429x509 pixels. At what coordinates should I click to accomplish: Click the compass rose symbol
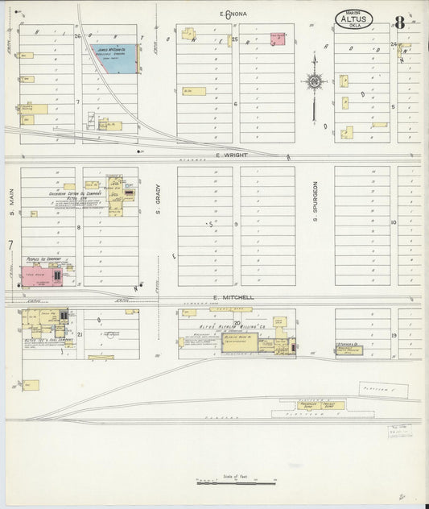click(314, 81)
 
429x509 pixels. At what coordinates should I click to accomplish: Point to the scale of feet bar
click(236, 482)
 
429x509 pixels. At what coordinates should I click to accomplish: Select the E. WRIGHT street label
click(229, 155)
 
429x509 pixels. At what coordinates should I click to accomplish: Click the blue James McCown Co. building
click(116, 60)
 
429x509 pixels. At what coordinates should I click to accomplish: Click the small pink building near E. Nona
click(278, 38)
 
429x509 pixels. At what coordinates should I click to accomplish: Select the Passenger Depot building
click(309, 405)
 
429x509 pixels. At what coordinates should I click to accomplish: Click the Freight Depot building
click(333, 405)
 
